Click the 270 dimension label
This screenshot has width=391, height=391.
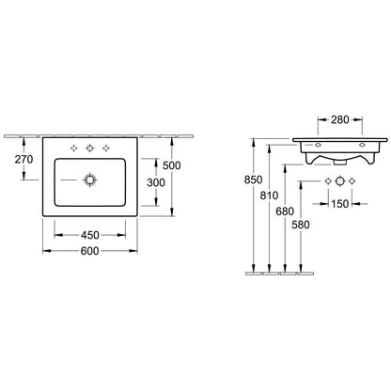coord(23,159)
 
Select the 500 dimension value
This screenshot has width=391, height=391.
coord(172,165)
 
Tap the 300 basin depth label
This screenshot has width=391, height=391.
coord(156,182)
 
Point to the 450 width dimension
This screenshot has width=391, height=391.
coord(90,235)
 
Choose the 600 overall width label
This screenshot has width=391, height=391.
coord(90,251)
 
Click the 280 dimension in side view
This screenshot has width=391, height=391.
coord(340,119)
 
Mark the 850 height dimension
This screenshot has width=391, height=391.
coord(253,180)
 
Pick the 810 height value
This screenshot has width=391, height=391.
coord(269,195)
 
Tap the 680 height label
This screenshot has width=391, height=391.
coord(285,211)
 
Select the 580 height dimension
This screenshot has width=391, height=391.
coord(301,225)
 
